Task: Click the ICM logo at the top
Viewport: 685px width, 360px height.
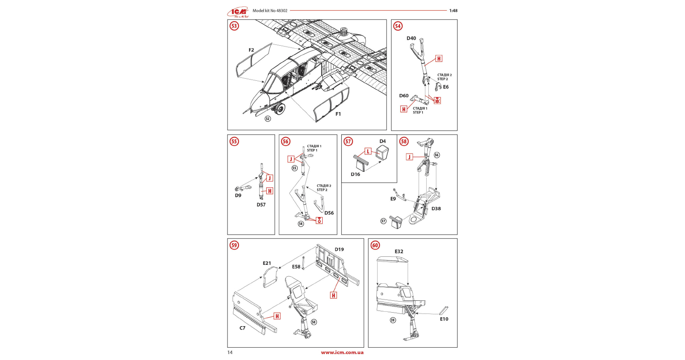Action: [238, 12]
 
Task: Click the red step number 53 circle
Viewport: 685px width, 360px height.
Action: [234, 26]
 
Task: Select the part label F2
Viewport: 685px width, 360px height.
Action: [251, 50]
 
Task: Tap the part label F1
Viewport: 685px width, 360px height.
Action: [338, 114]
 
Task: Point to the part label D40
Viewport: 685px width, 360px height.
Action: [411, 38]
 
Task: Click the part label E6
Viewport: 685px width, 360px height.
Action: [446, 87]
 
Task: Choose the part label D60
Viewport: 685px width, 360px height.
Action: [404, 96]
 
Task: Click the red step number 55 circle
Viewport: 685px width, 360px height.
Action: [234, 141]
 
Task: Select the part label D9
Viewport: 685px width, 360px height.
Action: [238, 195]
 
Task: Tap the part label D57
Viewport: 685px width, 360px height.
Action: [261, 205]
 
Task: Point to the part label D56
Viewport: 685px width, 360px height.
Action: [329, 213]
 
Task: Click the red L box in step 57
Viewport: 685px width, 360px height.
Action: [368, 151]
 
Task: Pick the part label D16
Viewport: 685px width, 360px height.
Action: [355, 174]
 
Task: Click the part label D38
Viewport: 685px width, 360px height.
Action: [436, 209]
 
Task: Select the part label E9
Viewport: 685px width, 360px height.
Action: [393, 199]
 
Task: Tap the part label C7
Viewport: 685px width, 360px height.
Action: [242, 328]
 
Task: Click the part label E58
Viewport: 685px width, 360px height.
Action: [296, 267]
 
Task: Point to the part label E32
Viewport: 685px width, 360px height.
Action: [399, 251]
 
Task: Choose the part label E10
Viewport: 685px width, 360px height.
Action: [444, 319]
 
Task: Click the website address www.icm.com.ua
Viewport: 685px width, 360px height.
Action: [342, 352]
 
